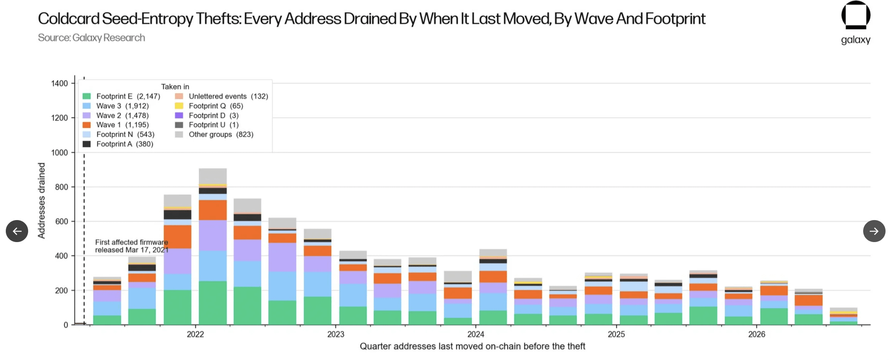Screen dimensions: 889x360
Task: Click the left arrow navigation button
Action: pos(17,231)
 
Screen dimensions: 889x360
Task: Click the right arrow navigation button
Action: pos(874,231)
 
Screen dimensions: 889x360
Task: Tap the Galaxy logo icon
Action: pos(855,15)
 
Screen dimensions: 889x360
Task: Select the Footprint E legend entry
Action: pos(121,96)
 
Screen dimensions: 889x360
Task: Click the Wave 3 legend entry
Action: pos(115,106)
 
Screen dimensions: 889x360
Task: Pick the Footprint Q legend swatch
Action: pos(179,106)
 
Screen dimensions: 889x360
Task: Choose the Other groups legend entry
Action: pos(214,135)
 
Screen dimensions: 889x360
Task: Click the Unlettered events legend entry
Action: pos(221,96)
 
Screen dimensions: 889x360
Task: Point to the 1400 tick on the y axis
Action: pos(59,83)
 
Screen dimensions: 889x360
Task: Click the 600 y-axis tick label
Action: pos(61,221)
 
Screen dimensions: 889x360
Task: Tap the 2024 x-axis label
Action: pos(476,334)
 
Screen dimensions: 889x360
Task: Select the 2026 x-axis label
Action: pos(756,334)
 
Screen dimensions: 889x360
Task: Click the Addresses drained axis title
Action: pos(41,200)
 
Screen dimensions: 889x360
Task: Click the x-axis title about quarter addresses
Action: pos(472,346)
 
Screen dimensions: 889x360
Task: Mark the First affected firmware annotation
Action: pos(131,246)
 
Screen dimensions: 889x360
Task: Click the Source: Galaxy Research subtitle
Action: pos(91,38)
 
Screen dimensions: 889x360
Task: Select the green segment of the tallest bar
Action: pos(213,303)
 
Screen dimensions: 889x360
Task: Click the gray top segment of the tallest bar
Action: pos(213,176)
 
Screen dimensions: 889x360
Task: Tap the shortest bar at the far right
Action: pos(844,316)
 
